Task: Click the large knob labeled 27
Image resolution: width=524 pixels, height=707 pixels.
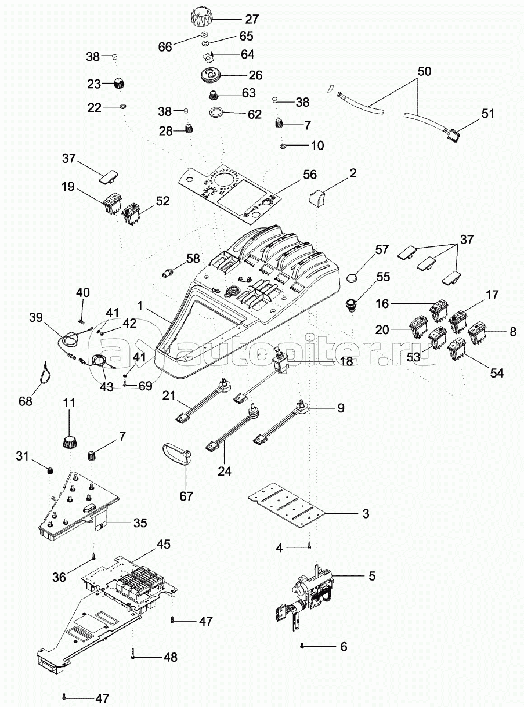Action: [x=203, y=19]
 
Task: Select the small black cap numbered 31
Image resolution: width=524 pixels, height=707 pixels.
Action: [x=49, y=471]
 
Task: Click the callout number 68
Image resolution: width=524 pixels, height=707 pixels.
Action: [x=26, y=401]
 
